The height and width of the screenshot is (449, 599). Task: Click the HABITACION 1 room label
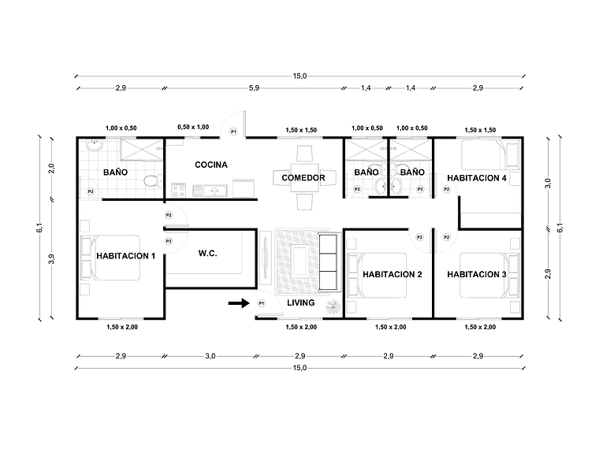click(125, 255)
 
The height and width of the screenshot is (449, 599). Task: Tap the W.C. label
click(208, 254)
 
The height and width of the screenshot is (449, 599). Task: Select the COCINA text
click(211, 165)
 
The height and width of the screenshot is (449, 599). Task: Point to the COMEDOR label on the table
click(303, 178)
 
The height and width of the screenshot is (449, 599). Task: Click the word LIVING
click(300, 302)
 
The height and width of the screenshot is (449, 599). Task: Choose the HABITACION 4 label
click(476, 178)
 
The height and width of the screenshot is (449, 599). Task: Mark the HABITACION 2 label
click(393, 274)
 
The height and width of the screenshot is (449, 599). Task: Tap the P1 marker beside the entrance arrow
click(261, 303)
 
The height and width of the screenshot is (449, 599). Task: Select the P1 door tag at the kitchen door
click(233, 132)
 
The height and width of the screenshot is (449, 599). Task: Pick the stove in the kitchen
click(179, 189)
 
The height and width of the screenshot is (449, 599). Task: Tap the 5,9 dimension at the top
click(254, 88)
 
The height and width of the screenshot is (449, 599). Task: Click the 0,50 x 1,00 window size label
click(193, 127)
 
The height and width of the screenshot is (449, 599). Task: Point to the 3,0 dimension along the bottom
click(210, 357)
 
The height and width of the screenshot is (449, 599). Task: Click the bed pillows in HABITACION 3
click(513, 275)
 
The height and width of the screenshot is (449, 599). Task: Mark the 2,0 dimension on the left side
click(51, 168)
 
